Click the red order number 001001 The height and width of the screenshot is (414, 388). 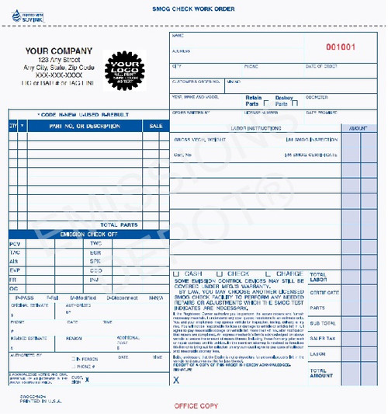(x=340, y=47)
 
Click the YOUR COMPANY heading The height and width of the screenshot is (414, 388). (x=58, y=50)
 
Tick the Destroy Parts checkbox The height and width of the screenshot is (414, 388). (x=294, y=103)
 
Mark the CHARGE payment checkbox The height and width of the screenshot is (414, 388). (x=268, y=273)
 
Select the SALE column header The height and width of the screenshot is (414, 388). (x=156, y=125)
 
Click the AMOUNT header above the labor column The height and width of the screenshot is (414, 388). (x=359, y=127)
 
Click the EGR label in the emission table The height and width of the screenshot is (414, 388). (x=95, y=252)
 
